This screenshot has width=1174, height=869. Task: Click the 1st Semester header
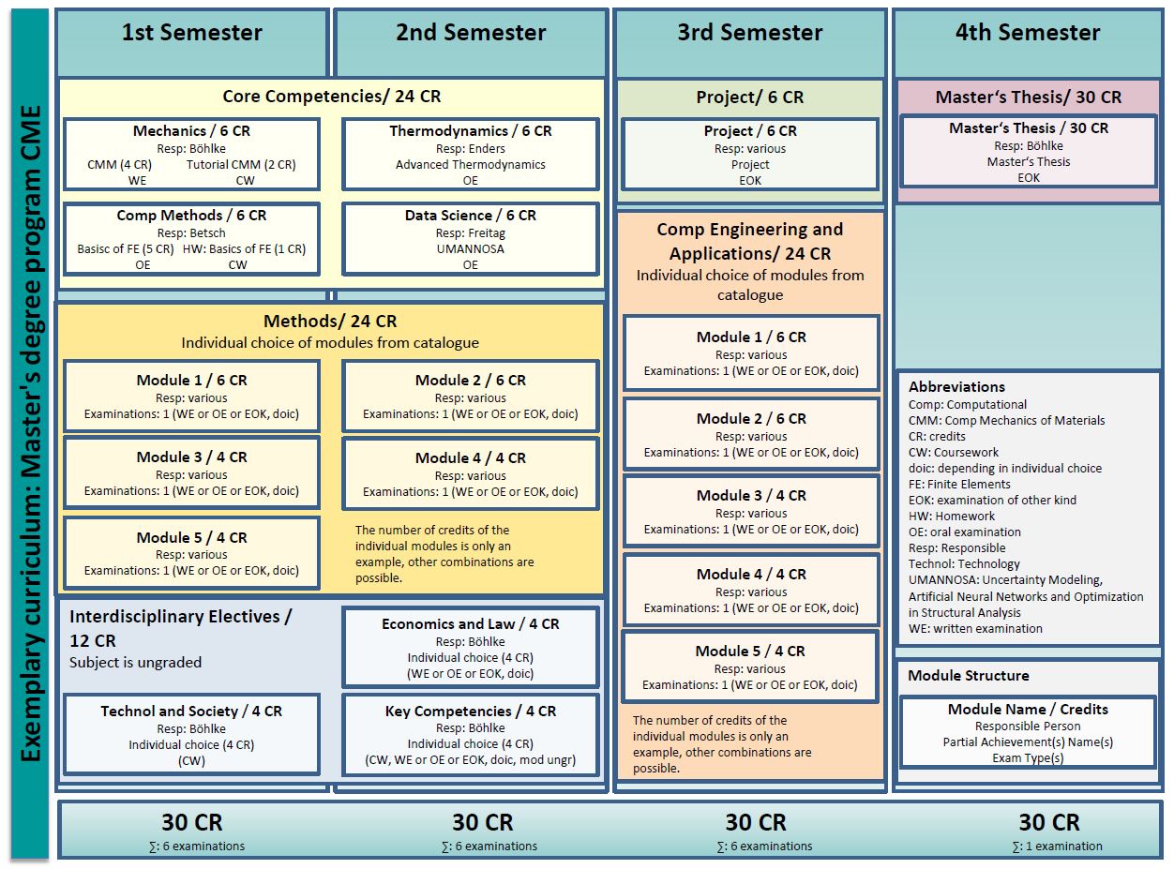click(x=192, y=34)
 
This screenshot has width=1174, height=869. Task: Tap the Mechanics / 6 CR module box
click(x=191, y=155)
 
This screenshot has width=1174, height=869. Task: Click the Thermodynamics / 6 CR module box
click(x=470, y=155)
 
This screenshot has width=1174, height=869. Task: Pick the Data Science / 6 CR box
click(x=470, y=239)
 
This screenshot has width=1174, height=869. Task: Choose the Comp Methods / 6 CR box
click(x=191, y=239)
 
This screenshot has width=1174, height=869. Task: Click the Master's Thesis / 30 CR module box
click(x=1028, y=152)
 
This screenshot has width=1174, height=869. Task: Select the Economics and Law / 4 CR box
click(x=470, y=648)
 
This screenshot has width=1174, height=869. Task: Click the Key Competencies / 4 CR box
click(x=470, y=735)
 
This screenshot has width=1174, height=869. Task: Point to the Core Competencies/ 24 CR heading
click(x=331, y=97)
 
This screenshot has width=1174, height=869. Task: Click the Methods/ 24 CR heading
click(x=329, y=322)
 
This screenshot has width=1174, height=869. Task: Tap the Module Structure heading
click(x=969, y=676)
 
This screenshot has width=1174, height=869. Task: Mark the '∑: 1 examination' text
click(x=1057, y=847)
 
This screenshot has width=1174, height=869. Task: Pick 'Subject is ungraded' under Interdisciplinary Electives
click(x=135, y=662)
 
